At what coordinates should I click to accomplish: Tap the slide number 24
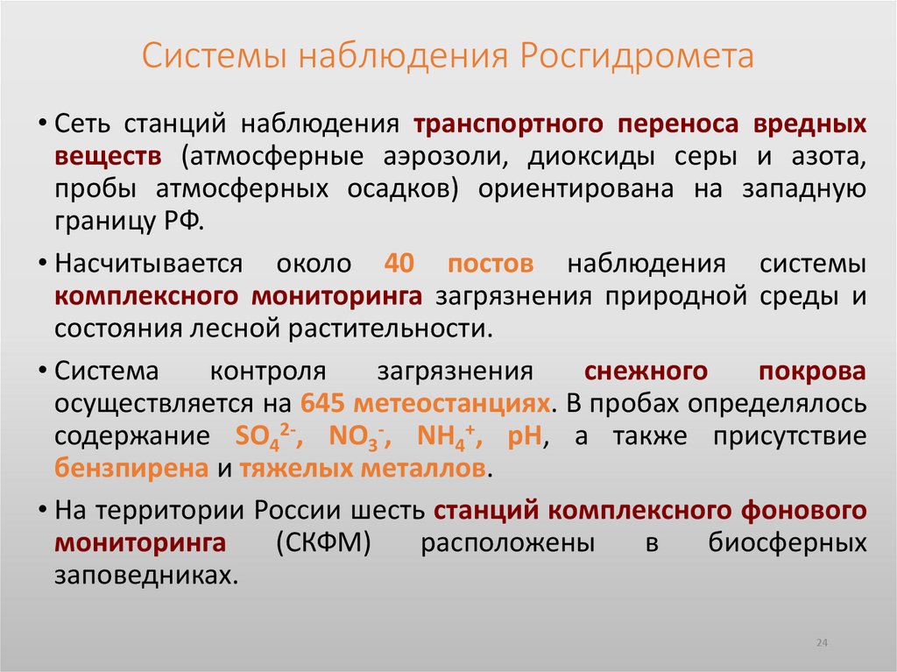(822, 643)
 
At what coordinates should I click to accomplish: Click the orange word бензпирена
(131, 468)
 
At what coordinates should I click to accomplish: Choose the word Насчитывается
(154, 263)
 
